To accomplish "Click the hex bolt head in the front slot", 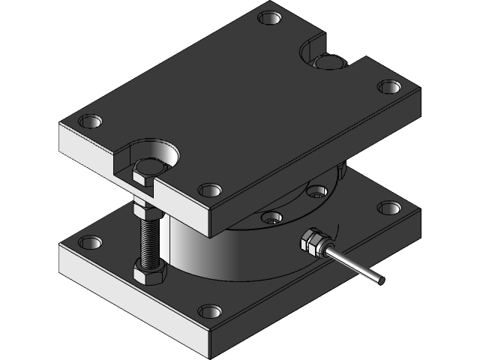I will pos(142,176).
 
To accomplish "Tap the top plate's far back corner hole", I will pos(269,16).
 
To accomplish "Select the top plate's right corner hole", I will pos(388,86).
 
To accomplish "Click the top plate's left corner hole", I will pos(91,120).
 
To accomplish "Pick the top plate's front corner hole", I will pos(210,190).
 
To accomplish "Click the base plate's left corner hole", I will pos(91,242).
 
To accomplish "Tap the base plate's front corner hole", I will pos(210,310).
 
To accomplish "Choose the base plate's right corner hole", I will pos(388,207).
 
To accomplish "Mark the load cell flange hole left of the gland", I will pos(271,217).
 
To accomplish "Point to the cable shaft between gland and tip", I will pos(352,266).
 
